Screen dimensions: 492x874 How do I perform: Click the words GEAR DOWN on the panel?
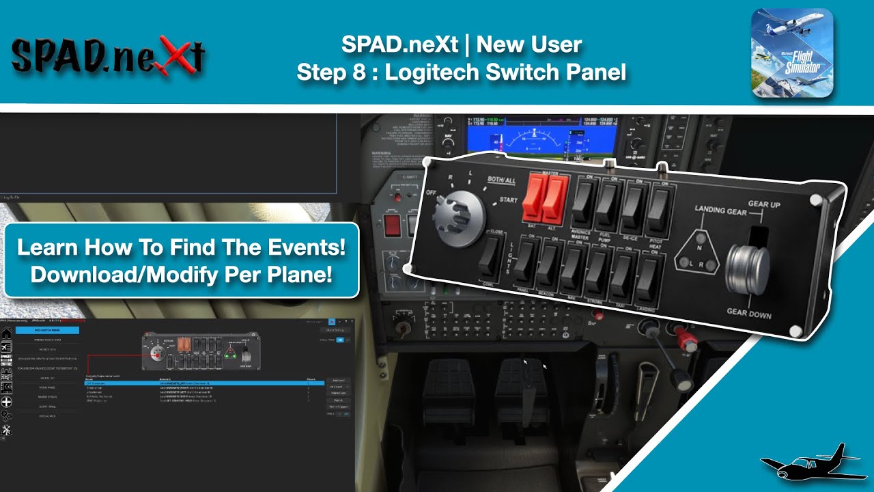[x=748, y=314]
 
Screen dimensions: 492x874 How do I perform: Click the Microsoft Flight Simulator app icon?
[x=792, y=53]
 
